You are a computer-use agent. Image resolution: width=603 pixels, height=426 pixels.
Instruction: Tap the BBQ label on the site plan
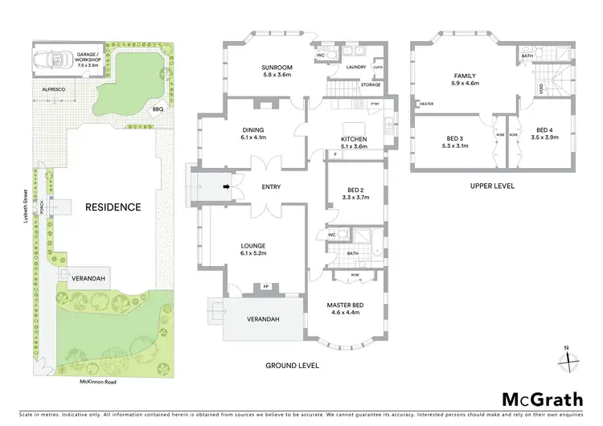tap(158, 110)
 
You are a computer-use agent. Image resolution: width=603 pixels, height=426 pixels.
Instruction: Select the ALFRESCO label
tap(47, 92)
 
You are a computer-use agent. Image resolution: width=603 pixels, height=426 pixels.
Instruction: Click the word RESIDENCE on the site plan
tap(113, 207)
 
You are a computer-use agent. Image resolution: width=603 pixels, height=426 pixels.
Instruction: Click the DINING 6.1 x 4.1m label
tap(253, 133)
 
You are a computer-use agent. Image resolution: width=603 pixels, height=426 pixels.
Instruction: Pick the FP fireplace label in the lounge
tap(265, 285)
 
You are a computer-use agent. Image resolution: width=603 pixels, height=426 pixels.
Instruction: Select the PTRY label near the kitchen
tap(375, 104)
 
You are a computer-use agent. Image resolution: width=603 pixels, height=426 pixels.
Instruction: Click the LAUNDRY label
tap(356, 68)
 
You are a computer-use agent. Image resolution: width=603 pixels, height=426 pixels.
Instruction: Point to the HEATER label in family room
tap(426, 104)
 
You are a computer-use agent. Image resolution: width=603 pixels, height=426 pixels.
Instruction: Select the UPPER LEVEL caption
tap(492, 186)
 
